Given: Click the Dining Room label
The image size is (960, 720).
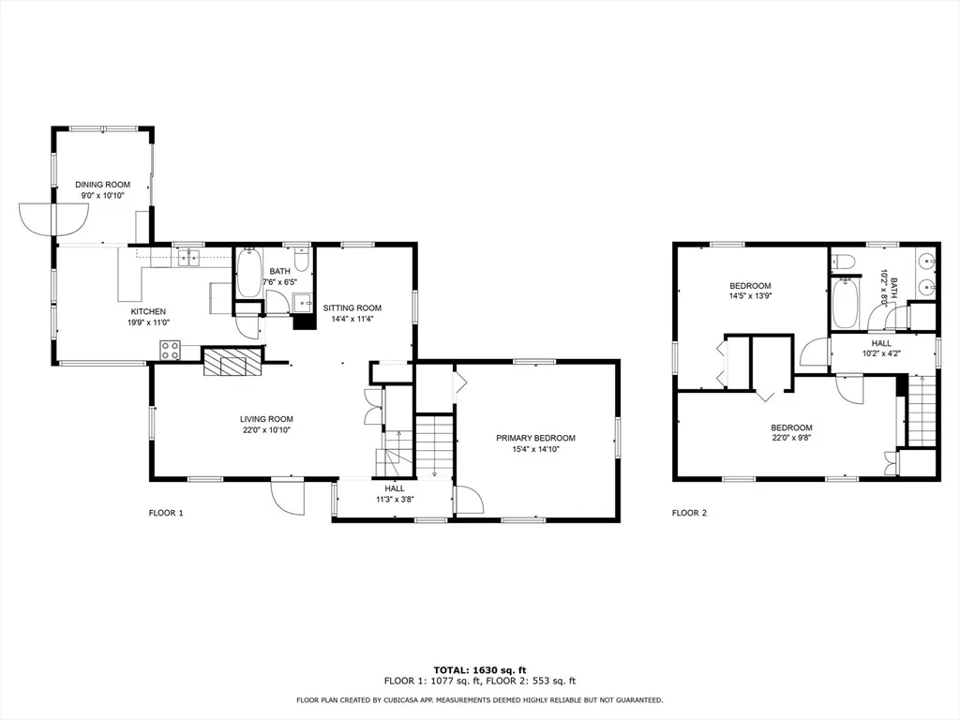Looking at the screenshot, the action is (103, 185).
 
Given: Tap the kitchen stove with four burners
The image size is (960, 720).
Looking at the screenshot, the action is (171, 350).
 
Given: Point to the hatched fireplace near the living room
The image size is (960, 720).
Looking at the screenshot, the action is (232, 361).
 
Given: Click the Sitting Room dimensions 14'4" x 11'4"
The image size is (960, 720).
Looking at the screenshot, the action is (352, 319).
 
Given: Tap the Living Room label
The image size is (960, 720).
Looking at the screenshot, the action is (266, 419).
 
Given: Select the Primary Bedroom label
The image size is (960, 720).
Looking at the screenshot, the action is (535, 438).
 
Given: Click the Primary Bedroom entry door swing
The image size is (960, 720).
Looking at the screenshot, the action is (469, 500).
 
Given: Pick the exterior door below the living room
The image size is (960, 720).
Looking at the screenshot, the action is (288, 496).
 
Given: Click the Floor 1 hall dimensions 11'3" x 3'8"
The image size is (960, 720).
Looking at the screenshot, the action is (395, 499).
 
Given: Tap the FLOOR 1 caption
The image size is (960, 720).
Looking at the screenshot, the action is (166, 513).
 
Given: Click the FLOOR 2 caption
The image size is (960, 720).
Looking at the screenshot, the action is (689, 513).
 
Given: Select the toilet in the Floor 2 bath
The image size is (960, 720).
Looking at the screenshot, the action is (843, 261).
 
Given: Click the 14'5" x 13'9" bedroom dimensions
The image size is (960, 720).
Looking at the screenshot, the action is (750, 295).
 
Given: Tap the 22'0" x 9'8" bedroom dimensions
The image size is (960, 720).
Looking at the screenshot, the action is (791, 438).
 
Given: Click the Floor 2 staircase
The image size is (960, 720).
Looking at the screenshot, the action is (922, 411).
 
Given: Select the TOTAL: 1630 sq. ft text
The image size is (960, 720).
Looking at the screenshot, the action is (480, 670).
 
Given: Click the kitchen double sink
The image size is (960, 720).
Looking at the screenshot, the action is (188, 258).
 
